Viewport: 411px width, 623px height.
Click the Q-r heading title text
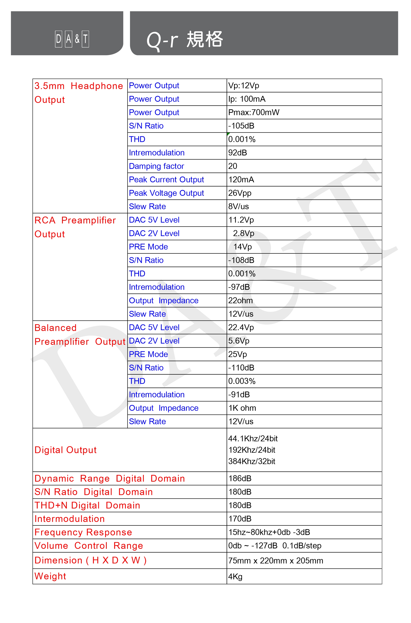pyautogui.click(x=185, y=40)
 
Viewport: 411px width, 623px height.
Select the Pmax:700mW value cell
pyautogui.click(x=254, y=112)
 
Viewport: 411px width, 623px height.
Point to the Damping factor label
pyautogui.click(x=156, y=166)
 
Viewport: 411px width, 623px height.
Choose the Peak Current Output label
pyautogui.click(x=166, y=180)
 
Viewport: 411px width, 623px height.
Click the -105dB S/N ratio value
pyautogui.click(x=241, y=126)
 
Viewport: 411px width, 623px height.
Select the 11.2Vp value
pyautogui.click(x=241, y=220)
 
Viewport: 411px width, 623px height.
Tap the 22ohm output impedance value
pyautogui.click(x=240, y=300)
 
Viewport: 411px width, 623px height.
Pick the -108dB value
pyautogui.click(x=241, y=260)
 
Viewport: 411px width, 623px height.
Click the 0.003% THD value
pyautogui.click(x=242, y=381)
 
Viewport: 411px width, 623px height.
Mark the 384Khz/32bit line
pyautogui.click(x=252, y=461)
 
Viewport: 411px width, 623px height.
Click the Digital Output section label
pyautogui.click(x=65, y=450)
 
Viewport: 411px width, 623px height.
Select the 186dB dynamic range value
pyautogui.click(x=240, y=479)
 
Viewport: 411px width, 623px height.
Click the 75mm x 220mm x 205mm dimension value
pyautogui.click(x=276, y=561)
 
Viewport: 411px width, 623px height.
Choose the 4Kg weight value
pyautogui.click(x=235, y=577)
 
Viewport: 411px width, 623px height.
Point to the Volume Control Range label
pyautogui.click(x=89, y=546)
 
